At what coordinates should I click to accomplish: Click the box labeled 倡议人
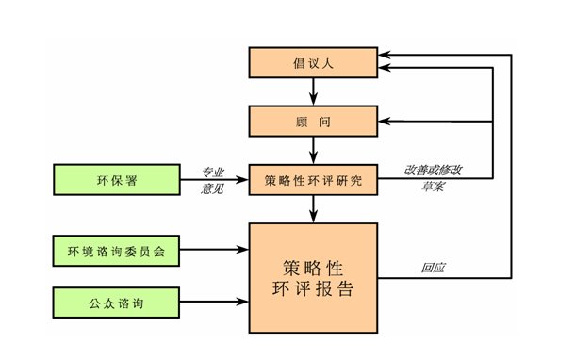click(313, 63)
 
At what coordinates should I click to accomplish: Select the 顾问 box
click(313, 121)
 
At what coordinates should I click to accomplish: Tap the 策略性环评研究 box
click(313, 177)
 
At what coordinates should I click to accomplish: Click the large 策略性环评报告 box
click(313, 278)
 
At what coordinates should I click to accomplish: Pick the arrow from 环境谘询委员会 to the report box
click(213, 251)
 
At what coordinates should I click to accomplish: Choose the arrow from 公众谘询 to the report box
click(213, 303)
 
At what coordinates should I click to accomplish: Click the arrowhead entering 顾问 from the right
click(386, 121)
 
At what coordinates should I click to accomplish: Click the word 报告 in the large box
click(335, 290)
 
